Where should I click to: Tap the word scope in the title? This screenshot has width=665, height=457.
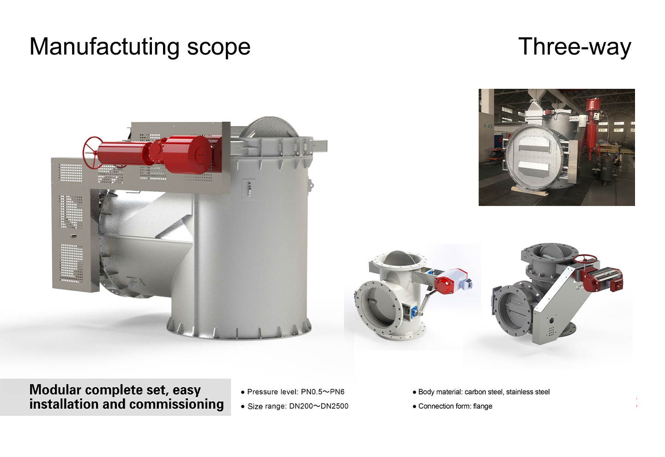tap(218, 48)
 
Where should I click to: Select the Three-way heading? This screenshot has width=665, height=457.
tap(574, 47)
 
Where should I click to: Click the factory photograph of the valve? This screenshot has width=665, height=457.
tap(556, 147)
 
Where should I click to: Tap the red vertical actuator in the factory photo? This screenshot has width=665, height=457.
tap(592, 122)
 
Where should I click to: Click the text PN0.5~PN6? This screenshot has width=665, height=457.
tap(322, 392)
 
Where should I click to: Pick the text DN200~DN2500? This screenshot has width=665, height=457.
tap(319, 406)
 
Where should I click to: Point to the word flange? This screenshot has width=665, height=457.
tap(483, 406)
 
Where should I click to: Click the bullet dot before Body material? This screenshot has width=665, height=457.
tap(414, 392)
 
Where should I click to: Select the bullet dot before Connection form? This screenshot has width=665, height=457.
tap(414, 407)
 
